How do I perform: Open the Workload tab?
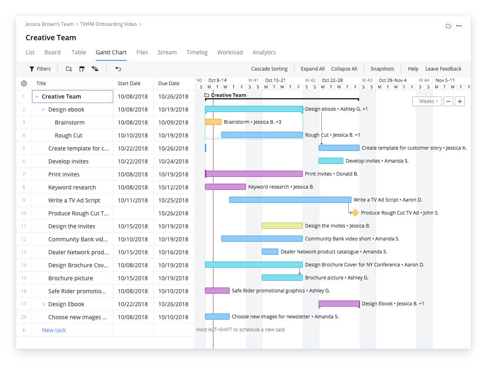pyautogui.click(x=230, y=52)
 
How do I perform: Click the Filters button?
pyautogui.click(x=40, y=69)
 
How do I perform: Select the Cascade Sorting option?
pyautogui.click(x=269, y=69)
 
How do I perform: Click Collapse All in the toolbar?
pyautogui.click(x=344, y=69)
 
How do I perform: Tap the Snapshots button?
pyautogui.click(x=382, y=69)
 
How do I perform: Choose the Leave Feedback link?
pyautogui.click(x=443, y=69)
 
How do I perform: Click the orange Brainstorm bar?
pyautogui.click(x=213, y=122)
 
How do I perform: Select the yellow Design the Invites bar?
pyautogui.click(x=282, y=226)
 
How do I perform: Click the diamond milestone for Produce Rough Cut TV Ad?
pyautogui.click(x=355, y=213)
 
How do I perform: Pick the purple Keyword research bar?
pyautogui.click(x=225, y=187)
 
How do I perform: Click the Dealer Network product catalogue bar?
pyautogui.click(x=270, y=252)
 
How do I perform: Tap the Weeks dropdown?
pyautogui.click(x=427, y=101)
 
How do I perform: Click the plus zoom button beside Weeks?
pyautogui.click(x=459, y=101)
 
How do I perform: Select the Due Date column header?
pyautogui.click(x=169, y=84)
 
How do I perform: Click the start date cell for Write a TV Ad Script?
pyautogui.click(x=133, y=200)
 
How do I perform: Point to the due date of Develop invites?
pyautogui.click(x=173, y=161)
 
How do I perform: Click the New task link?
pyautogui.click(x=54, y=330)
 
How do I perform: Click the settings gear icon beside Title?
pyautogui.click(x=24, y=84)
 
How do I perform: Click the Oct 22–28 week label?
pyautogui.click(x=332, y=80)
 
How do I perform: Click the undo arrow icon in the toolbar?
pyautogui.click(x=118, y=69)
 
